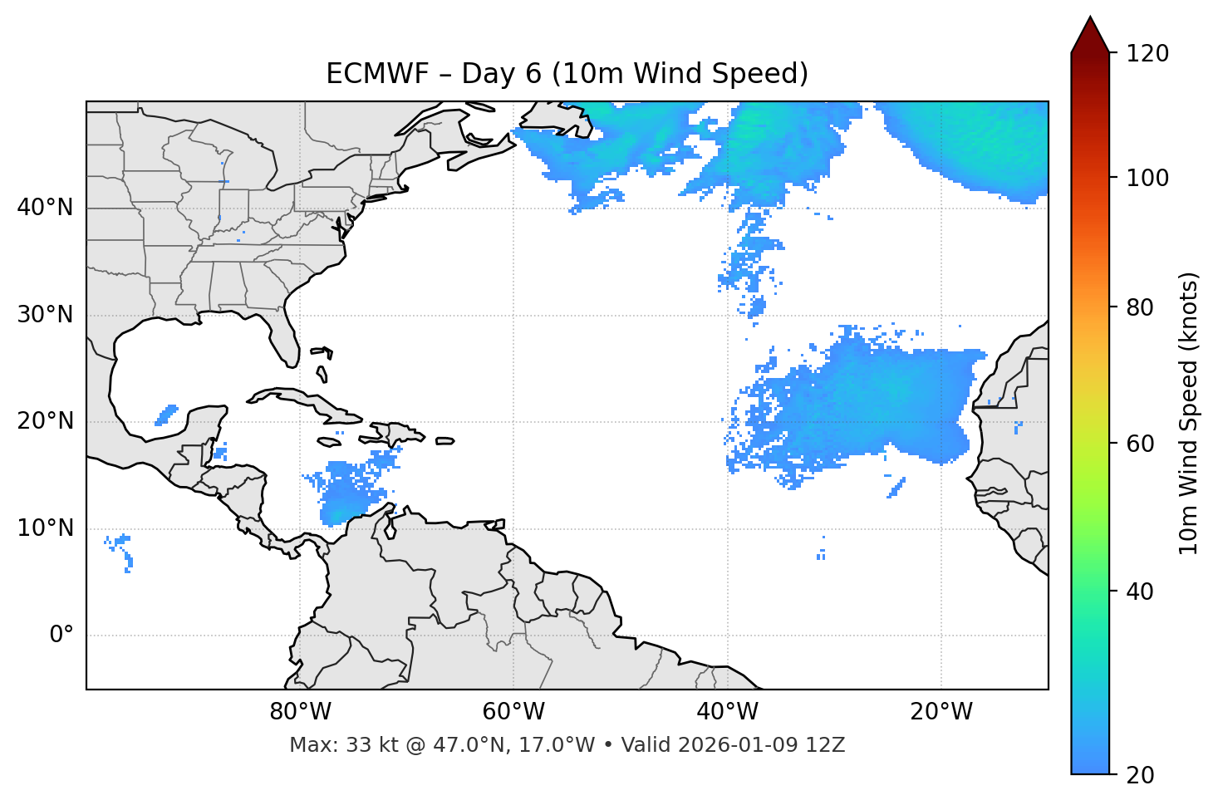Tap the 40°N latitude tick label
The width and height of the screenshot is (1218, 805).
(x=45, y=207)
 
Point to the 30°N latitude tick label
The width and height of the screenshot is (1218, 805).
(x=45, y=315)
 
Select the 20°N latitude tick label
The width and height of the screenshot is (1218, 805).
(x=45, y=421)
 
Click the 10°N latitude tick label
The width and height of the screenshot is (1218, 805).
(x=45, y=528)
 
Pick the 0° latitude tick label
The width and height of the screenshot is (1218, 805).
(x=61, y=636)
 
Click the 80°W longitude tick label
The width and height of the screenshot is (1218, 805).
(x=300, y=712)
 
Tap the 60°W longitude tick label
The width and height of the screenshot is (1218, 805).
(x=513, y=712)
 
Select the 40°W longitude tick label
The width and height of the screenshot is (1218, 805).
(x=728, y=712)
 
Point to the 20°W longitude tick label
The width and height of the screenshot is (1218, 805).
(x=941, y=712)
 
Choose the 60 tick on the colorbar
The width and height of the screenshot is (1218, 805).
(x=1142, y=444)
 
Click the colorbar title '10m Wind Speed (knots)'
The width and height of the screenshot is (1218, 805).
(x=1189, y=413)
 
